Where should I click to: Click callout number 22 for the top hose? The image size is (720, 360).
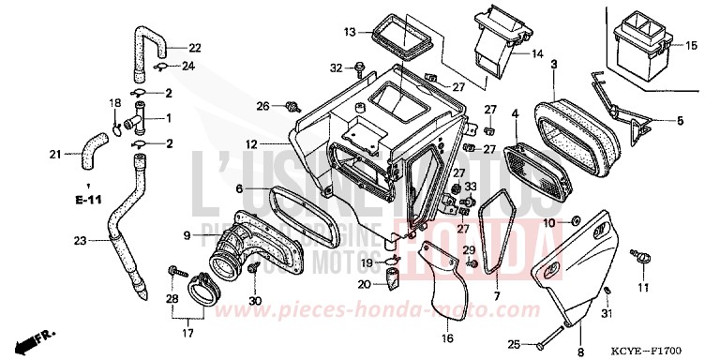point(194,48)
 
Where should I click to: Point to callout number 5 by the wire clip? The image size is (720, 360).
point(681,121)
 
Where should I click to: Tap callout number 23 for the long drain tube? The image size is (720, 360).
point(79,241)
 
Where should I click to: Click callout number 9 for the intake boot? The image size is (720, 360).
point(187,234)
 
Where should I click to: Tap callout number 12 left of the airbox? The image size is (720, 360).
point(250,144)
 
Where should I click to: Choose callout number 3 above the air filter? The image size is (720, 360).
point(554,64)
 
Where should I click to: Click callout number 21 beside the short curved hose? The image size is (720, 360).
point(54,154)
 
